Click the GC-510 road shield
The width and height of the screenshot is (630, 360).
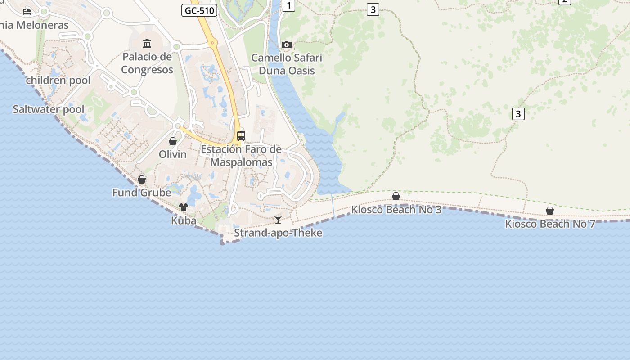tap(199, 10)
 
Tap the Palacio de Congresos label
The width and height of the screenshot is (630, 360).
tap(147, 63)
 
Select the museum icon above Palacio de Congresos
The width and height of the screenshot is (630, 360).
tap(147, 43)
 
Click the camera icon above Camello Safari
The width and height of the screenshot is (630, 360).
tap(286, 45)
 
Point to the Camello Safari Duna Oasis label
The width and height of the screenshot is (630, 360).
tap(287, 64)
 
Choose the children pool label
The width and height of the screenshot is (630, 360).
tap(58, 81)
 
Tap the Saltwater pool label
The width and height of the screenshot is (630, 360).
tap(48, 109)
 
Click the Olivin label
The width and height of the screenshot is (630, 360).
tap(172, 154)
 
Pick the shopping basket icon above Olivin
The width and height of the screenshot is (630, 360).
tap(172, 141)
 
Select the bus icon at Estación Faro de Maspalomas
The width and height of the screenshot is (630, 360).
tap(241, 135)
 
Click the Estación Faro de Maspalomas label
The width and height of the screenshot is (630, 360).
tap(241, 155)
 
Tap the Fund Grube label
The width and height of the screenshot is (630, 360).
tap(141, 193)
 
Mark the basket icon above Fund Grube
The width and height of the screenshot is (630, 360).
tap(142, 180)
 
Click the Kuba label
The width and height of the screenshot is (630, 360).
tap(184, 220)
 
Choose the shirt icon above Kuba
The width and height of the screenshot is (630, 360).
tap(184, 207)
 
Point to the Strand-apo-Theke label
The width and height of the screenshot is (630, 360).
tap(278, 233)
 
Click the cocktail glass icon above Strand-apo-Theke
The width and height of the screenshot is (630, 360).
tap(278, 220)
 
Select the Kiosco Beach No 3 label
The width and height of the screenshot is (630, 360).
tap(396, 209)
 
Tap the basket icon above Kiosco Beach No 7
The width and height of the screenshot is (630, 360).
tap(549, 210)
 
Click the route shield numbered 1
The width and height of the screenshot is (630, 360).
tap(288, 5)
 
